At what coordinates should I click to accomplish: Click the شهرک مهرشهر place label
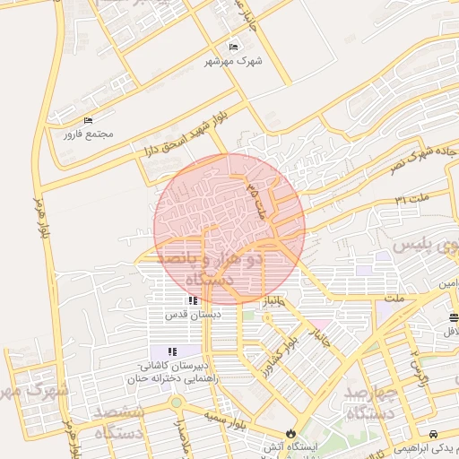point(236,61)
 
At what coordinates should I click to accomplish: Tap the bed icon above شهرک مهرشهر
point(234,47)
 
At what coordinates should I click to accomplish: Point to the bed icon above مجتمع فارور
point(88,120)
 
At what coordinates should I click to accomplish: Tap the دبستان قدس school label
point(192,315)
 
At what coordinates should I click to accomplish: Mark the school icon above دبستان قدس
point(192,300)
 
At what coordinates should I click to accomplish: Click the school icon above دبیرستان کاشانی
point(171,351)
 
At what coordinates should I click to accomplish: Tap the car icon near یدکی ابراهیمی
point(433,433)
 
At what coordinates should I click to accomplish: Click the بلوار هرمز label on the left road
point(39,215)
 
